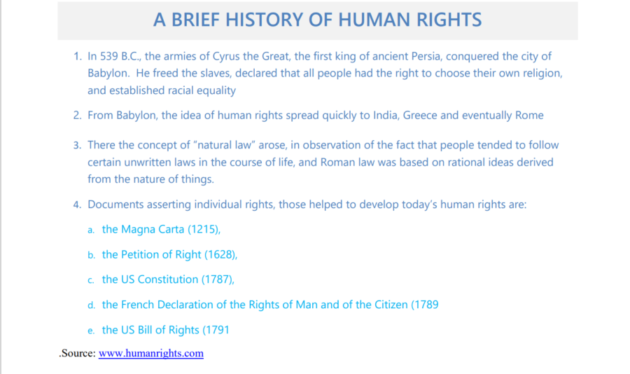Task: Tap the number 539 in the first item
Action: pos(109,56)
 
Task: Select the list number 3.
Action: pos(77,145)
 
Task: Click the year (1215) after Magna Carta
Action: pos(204,229)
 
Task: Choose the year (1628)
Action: pos(220,254)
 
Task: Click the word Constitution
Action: pos(168,279)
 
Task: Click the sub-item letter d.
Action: pos(91,305)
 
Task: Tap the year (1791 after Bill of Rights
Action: pos(216,330)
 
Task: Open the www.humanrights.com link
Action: pos(151,353)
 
